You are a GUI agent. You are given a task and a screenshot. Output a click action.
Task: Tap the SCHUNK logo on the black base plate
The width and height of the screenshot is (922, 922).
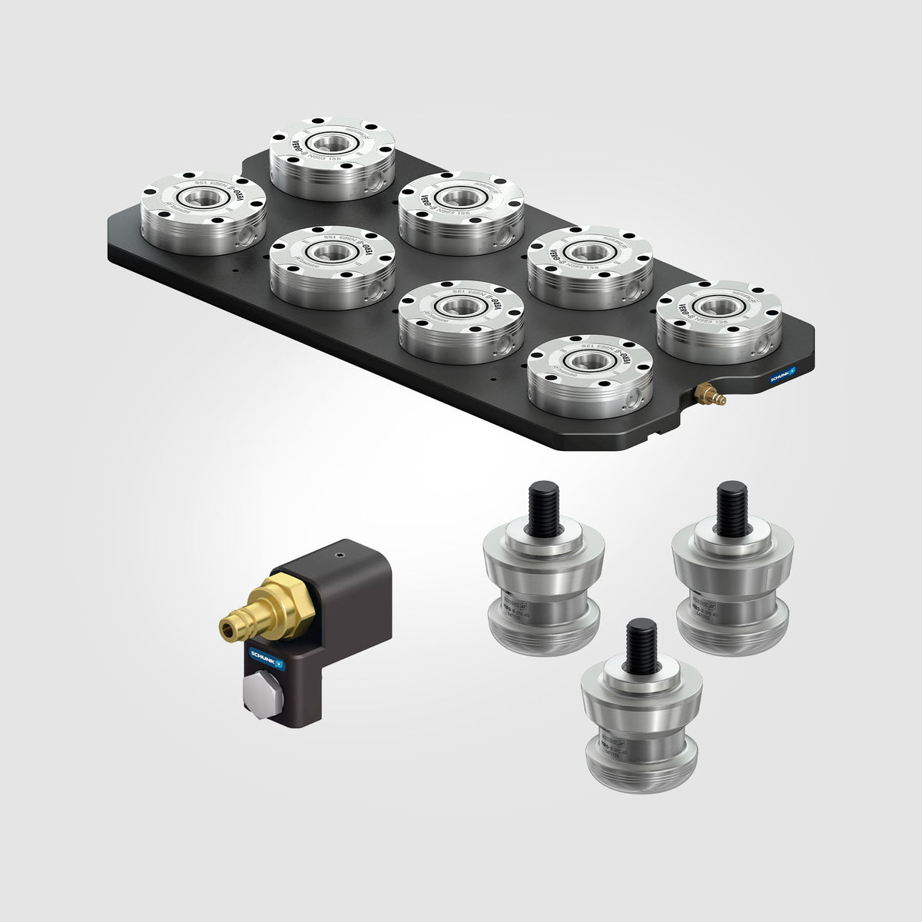pyautogui.click(x=783, y=373)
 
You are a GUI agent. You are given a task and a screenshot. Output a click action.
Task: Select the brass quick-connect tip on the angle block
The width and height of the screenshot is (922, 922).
pyautogui.click(x=228, y=631)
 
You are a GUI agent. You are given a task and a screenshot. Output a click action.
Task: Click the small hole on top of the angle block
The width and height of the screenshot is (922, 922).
pyautogui.click(x=337, y=552)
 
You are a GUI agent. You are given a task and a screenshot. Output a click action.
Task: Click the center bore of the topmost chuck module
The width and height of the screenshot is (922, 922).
pyautogui.click(x=331, y=143)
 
